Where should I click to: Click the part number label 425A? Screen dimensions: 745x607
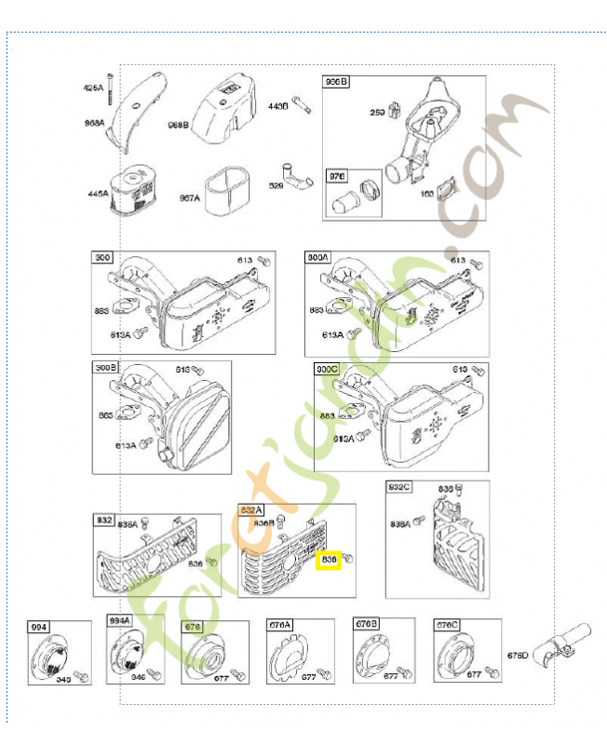tap(93, 87)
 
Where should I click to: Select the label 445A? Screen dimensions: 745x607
tap(99, 194)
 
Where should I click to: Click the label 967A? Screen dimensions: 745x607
tap(189, 197)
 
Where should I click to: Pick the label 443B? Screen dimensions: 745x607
tap(279, 106)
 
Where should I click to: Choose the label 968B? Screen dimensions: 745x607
tap(178, 124)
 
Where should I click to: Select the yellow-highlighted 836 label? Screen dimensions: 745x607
tap(329, 560)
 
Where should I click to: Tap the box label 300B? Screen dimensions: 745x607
tap(105, 368)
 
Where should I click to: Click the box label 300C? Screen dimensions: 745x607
tap(327, 369)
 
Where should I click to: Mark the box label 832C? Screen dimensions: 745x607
tap(399, 487)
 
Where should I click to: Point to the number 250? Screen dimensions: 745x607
tap(377, 112)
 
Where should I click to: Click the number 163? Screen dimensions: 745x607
tap(427, 195)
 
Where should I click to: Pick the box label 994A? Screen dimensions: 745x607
tap(120, 620)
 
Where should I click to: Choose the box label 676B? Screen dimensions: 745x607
tap(366, 624)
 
